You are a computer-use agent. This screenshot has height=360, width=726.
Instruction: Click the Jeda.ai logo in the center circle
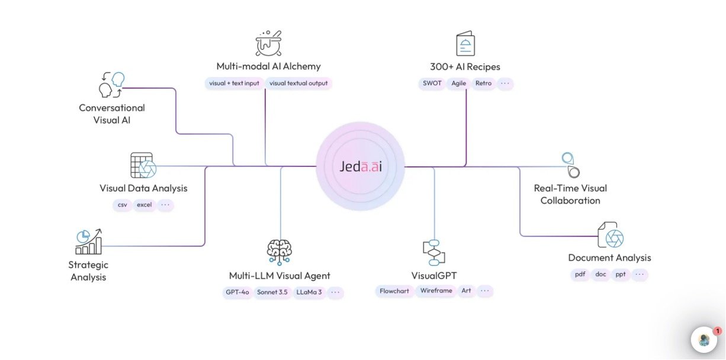(x=361, y=167)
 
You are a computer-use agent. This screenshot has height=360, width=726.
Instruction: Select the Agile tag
(x=459, y=83)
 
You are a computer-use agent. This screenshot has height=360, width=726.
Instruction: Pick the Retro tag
(x=483, y=83)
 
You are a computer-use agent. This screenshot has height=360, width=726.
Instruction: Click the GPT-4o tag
(x=236, y=292)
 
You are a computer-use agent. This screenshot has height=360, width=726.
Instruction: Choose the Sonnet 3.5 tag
(x=272, y=292)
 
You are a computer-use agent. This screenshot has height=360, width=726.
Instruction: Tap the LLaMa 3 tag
(x=310, y=292)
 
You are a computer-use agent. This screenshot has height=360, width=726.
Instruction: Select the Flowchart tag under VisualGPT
(x=394, y=291)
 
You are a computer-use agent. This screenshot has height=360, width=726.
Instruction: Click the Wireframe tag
(x=436, y=291)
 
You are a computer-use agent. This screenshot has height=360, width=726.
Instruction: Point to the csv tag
(x=123, y=205)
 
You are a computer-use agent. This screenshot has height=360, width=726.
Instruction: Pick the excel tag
(x=144, y=205)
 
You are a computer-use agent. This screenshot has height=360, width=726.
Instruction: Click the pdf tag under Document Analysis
(x=579, y=275)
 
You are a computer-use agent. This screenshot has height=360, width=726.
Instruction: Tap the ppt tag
(x=620, y=275)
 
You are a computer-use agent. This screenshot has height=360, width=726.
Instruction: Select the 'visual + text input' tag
(x=234, y=83)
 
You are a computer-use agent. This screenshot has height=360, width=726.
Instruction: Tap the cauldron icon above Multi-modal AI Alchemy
(x=268, y=43)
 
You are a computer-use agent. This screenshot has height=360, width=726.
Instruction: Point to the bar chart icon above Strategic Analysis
(x=88, y=242)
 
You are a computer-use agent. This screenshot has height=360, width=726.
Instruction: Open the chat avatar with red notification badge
(x=704, y=340)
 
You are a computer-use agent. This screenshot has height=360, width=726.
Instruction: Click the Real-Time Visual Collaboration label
(x=570, y=194)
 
